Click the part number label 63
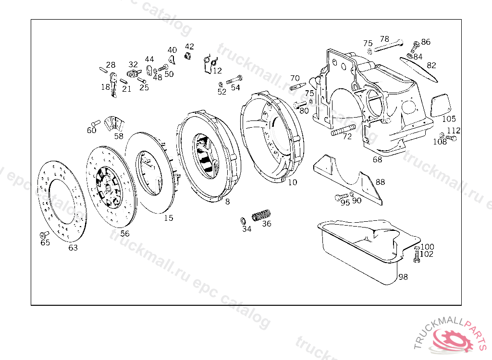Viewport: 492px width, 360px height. pyautogui.click(x=73, y=248)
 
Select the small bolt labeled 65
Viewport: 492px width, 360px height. pyautogui.click(x=44, y=235)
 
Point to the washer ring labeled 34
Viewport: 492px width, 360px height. pyautogui.click(x=243, y=221)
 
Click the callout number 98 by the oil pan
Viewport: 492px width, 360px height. pyautogui.click(x=403, y=277)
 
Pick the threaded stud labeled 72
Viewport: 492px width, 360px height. pyautogui.click(x=343, y=130)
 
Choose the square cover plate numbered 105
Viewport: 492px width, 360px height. pyautogui.click(x=439, y=106)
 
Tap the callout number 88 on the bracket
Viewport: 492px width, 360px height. pyautogui.click(x=380, y=182)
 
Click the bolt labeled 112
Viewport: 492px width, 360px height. pyautogui.click(x=451, y=139)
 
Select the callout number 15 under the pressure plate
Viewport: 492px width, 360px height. pyautogui.click(x=168, y=218)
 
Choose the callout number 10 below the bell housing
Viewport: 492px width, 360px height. pyautogui.click(x=293, y=182)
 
